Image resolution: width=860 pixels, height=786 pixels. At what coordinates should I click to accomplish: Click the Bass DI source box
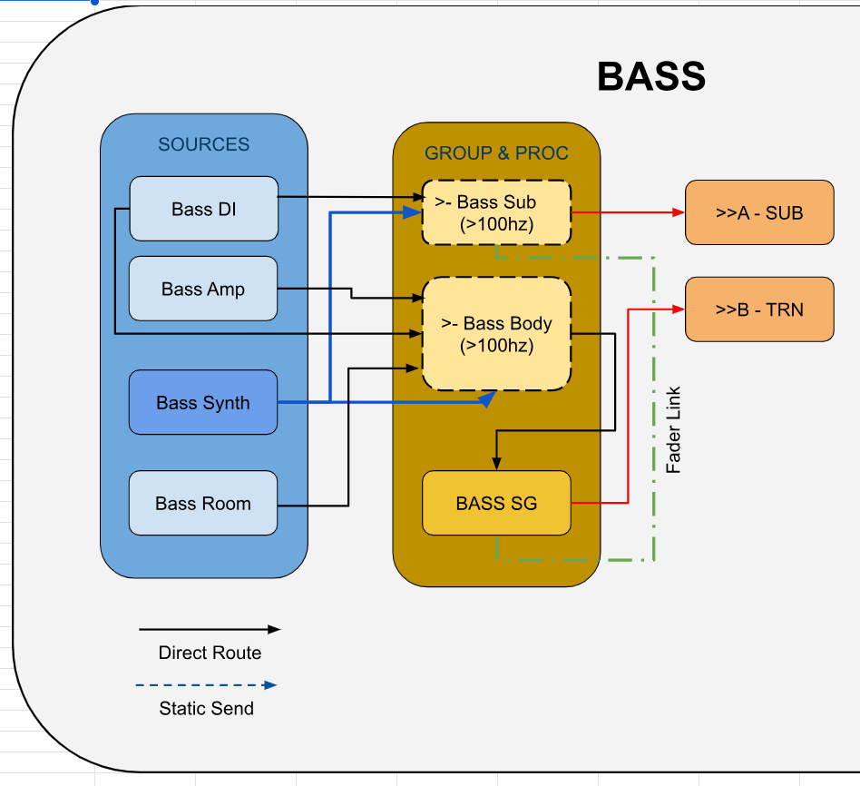(x=203, y=209)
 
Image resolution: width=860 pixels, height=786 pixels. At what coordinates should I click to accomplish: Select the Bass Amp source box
(x=203, y=289)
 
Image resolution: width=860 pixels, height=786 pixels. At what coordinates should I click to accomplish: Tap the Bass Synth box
(x=203, y=402)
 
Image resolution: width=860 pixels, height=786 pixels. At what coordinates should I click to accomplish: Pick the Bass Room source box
(x=203, y=503)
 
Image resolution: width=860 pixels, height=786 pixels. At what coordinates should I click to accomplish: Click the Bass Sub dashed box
(x=496, y=212)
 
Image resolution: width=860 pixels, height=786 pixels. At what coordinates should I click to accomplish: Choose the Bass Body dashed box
(x=496, y=334)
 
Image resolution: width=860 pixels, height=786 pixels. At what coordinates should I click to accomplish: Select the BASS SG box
(x=496, y=503)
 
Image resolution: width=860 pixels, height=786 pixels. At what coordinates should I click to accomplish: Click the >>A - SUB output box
(x=759, y=212)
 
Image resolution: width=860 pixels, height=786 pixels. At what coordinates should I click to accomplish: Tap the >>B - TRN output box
(x=759, y=309)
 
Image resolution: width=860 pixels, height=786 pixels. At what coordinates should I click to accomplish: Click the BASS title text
(x=651, y=77)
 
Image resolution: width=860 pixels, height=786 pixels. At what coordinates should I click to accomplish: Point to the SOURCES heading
(x=203, y=144)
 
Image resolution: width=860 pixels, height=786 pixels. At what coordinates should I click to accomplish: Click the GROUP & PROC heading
(x=496, y=152)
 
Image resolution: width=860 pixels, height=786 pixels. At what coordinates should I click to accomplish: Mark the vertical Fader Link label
(x=674, y=430)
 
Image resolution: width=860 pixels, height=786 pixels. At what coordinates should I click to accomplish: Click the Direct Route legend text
(x=210, y=653)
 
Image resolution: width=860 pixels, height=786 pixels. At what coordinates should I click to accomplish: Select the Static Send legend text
(x=206, y=708)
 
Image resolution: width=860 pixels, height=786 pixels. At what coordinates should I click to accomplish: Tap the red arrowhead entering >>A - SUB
(x=678, y=212)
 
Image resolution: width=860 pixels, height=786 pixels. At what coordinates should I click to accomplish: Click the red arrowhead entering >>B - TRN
(x=678, y=309)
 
